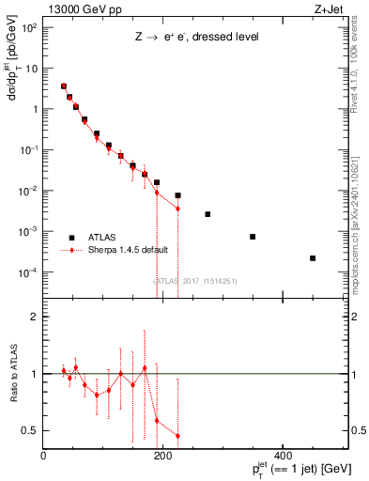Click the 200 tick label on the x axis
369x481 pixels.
coord(162,457)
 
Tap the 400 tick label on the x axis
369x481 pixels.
coord(282,457)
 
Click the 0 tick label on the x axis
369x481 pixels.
coord(43,457)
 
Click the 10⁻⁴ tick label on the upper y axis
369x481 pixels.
coord(27,272)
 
